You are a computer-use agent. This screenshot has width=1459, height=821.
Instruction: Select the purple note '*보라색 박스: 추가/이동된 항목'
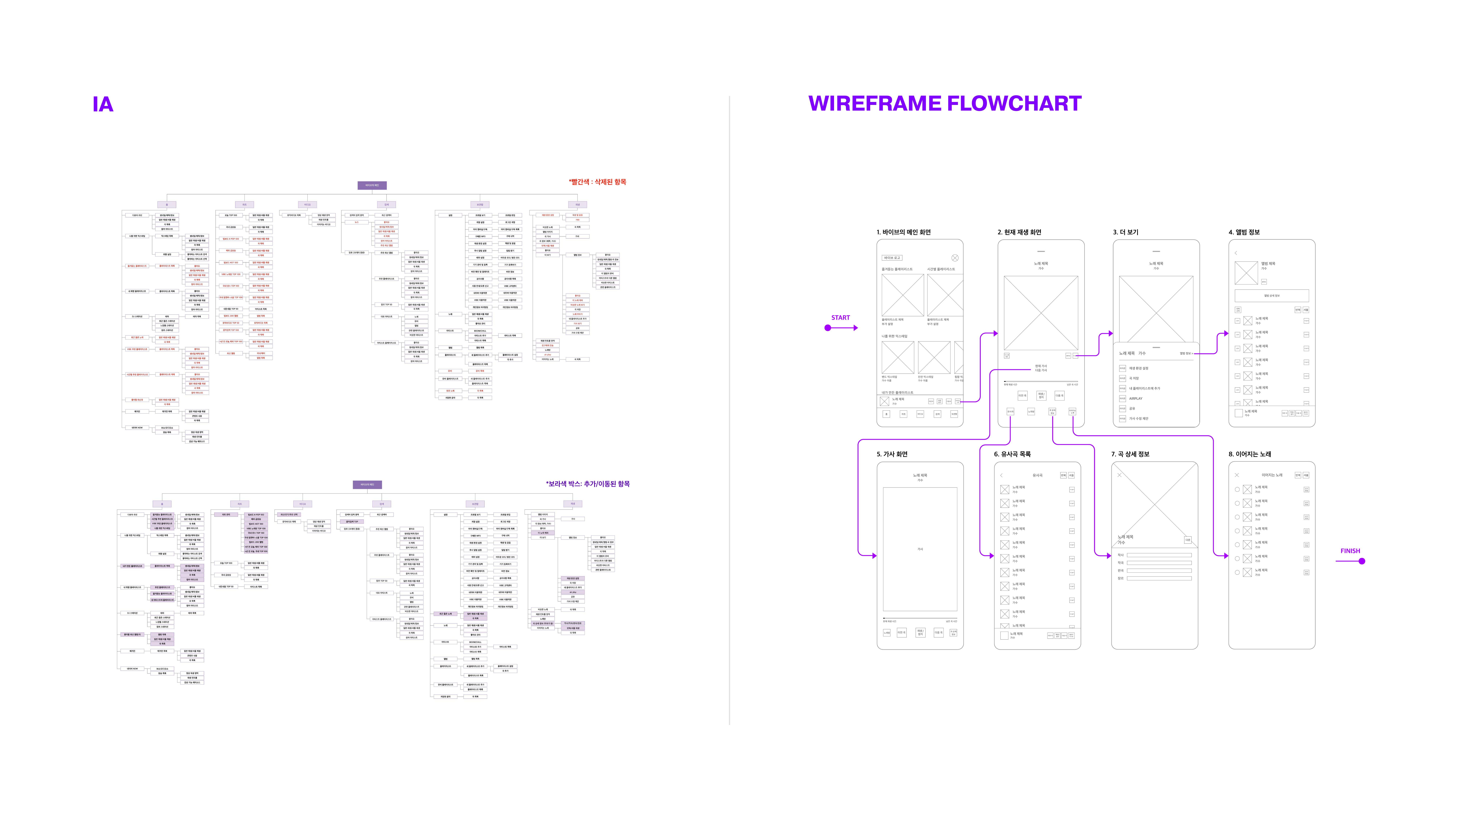[x=587, y=484]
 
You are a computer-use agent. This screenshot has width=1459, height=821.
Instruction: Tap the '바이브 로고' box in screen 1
[x=892, y=258]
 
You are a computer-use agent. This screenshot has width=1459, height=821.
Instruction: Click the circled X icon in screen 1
[x=955, y=258]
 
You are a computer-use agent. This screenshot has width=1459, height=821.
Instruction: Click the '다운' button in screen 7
[x=1188, y=540]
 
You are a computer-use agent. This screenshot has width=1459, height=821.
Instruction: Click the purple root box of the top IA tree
[x=372, y=185]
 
